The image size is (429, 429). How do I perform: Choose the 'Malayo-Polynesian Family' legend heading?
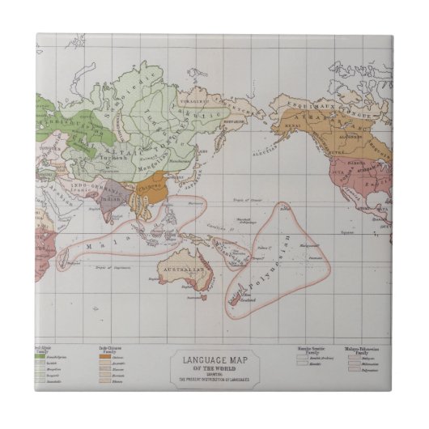(x=373, y=346)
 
